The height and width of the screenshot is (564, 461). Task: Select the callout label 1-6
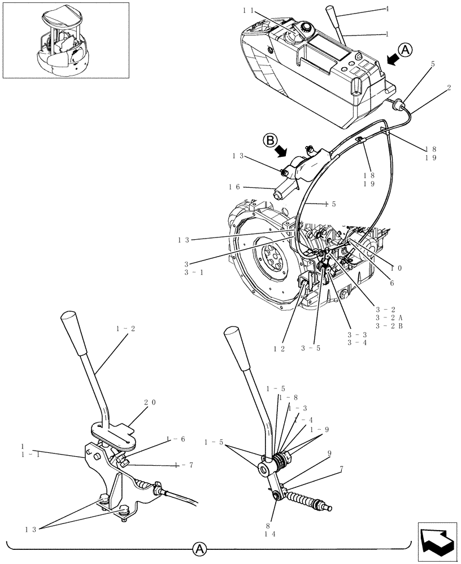tap(176, 438)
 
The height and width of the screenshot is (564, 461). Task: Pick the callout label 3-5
tap(311, 349)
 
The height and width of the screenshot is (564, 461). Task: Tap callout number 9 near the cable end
tap(328, 452)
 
